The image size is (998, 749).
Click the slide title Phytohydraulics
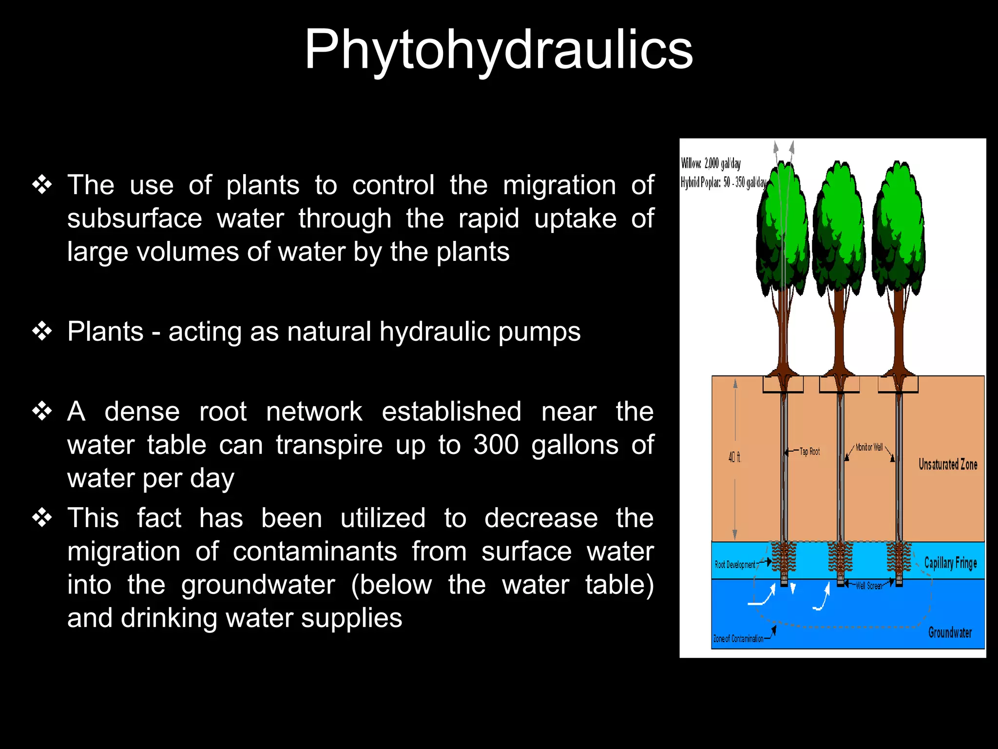498,50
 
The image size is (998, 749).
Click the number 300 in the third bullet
496,445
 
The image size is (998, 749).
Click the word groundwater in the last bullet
258,585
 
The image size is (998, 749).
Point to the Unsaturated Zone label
947,464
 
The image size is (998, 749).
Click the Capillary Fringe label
950,563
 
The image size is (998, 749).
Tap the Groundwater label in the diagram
949,632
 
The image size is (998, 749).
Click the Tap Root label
809,452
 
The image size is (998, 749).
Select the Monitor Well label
869,447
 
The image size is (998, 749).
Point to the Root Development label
735,565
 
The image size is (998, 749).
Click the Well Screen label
869,586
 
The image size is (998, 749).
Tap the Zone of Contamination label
738,639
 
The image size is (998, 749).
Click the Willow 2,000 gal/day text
710,163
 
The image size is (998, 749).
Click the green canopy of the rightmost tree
898,229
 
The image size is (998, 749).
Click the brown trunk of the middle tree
839,332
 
